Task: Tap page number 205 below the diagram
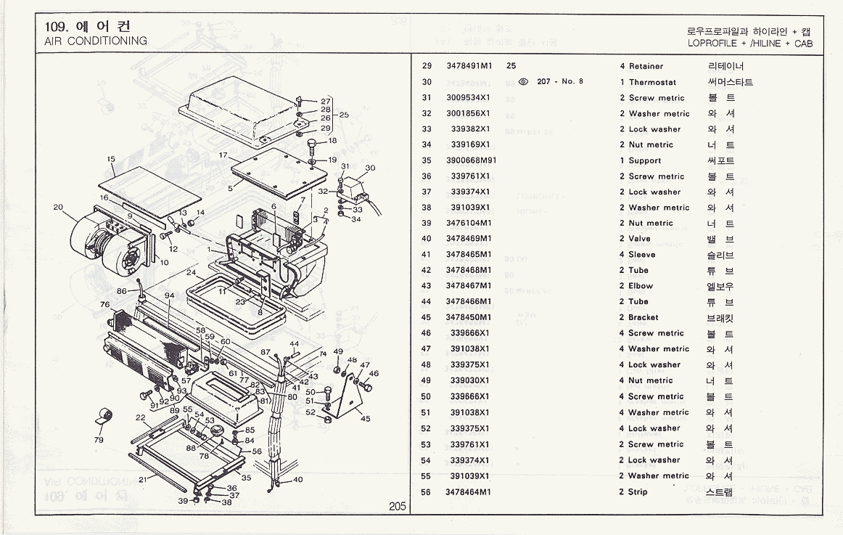[397, 507]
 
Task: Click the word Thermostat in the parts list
[652, 82]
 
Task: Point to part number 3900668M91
[471, 160]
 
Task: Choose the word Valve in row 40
[639, 239]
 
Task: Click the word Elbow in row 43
[641, 286]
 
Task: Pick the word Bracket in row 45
[643, 317]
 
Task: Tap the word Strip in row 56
[638, 491]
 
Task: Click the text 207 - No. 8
[560, 81]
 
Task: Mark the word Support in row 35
[645, 160]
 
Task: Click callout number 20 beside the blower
[58, 207]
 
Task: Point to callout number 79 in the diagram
[99, 439]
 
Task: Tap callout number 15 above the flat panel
[111, 159]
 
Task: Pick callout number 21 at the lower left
[143, 479]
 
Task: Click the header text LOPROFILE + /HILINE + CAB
[750, 44]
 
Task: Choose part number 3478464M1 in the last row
[469, 491]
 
